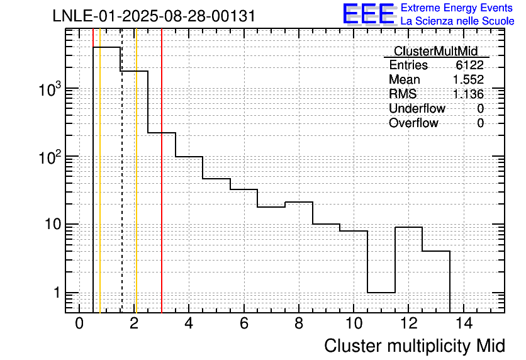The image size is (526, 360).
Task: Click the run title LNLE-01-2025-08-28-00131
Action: click(154, 16)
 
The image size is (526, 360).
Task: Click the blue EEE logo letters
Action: click(368, 13)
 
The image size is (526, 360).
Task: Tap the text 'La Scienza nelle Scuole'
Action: click(457, 21)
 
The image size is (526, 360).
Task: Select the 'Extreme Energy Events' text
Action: click(457, 8)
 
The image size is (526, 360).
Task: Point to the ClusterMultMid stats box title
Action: click(436, 51)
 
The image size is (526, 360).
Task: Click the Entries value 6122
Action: click(469, 65)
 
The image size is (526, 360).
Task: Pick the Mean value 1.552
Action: click(468, 79)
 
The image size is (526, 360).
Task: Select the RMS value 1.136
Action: click(468, 94)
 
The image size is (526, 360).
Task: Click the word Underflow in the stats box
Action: click(417, 108)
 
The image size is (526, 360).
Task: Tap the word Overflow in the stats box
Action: click(413, 123)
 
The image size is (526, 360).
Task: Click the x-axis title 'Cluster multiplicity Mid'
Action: click(415, 346)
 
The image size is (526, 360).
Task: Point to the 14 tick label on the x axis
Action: click(464, 323)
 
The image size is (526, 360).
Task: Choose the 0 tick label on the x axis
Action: click(79, 323)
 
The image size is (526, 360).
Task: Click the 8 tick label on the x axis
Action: click(299, 323)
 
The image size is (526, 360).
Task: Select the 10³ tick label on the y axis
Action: click(50, 89)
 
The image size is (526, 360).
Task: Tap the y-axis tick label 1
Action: click(57, 293)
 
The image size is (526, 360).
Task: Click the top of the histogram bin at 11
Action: click(381, 293)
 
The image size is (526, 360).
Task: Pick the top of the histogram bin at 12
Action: click(408, 227)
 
